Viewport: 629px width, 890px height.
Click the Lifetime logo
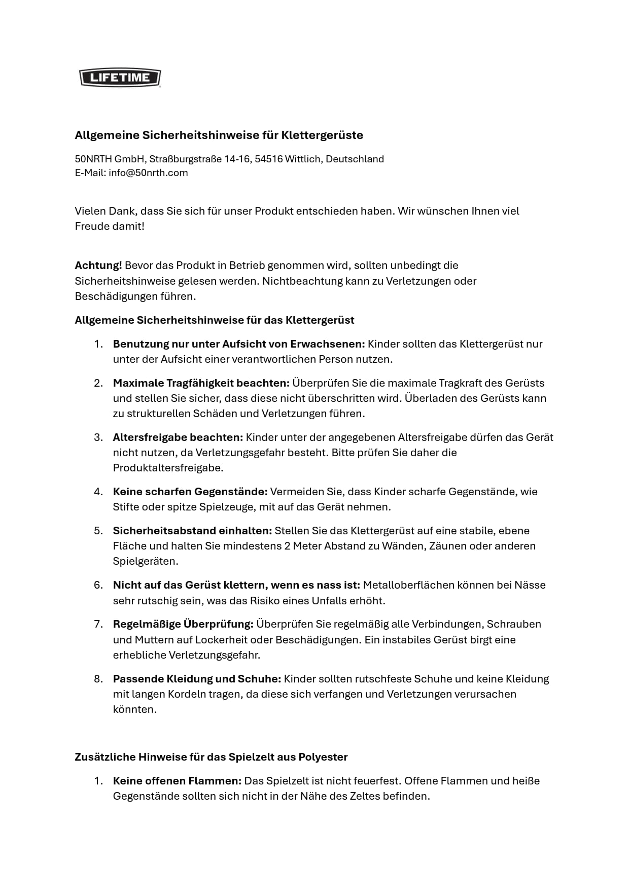(x=120, y=78)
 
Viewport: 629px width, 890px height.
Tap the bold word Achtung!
(x=98, y=265)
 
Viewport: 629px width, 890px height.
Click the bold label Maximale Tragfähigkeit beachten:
(x=201, y=383)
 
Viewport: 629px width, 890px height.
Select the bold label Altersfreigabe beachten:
(x=178, y=437)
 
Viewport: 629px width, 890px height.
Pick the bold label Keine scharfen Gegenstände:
(x=190, y=491)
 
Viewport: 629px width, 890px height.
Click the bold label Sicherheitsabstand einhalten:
(x=192, y=530)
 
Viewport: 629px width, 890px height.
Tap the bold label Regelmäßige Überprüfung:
(x=183, y=624)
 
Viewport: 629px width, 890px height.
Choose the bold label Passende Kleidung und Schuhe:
(x=197, y=678)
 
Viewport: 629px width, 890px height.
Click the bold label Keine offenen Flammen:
(x=177, y=780)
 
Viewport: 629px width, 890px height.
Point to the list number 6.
(x=98, y=585)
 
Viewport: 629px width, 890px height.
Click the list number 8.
(x=98, y=678)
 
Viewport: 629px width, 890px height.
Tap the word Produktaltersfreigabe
(x=168, y=467)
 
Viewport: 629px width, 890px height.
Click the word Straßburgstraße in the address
(x=185, y=159)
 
